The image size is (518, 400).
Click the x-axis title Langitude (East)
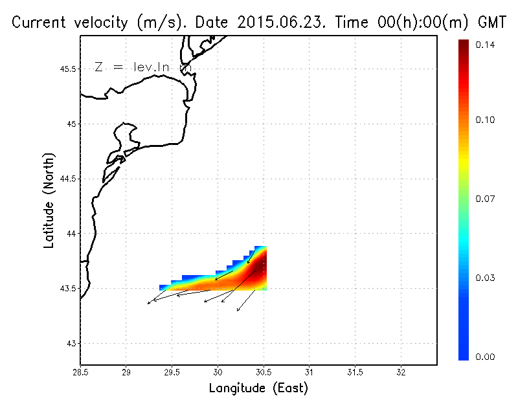pyautogui.click(x=258, y=388)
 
